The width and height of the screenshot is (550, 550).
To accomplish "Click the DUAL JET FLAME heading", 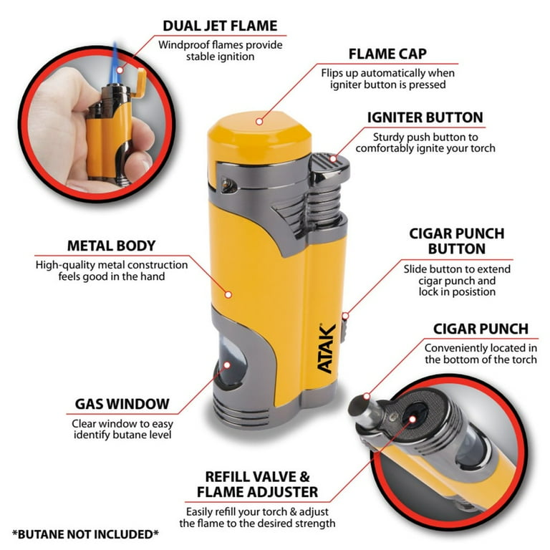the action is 220,26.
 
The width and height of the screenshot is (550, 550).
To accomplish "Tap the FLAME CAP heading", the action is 387,54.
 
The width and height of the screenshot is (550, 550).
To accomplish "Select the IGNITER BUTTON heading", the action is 425,117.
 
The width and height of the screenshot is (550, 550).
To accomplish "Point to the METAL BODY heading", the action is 111,246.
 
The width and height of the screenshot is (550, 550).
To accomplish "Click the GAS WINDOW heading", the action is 122,404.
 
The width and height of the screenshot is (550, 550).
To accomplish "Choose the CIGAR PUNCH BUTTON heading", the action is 457,241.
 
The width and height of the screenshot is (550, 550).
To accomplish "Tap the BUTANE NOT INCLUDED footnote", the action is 86,534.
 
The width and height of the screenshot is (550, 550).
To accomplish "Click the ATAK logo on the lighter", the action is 327,347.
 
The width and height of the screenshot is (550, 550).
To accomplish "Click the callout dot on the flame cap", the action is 259,122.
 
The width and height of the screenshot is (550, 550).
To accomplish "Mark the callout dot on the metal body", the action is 228,294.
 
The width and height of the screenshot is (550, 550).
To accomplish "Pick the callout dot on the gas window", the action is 227,365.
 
